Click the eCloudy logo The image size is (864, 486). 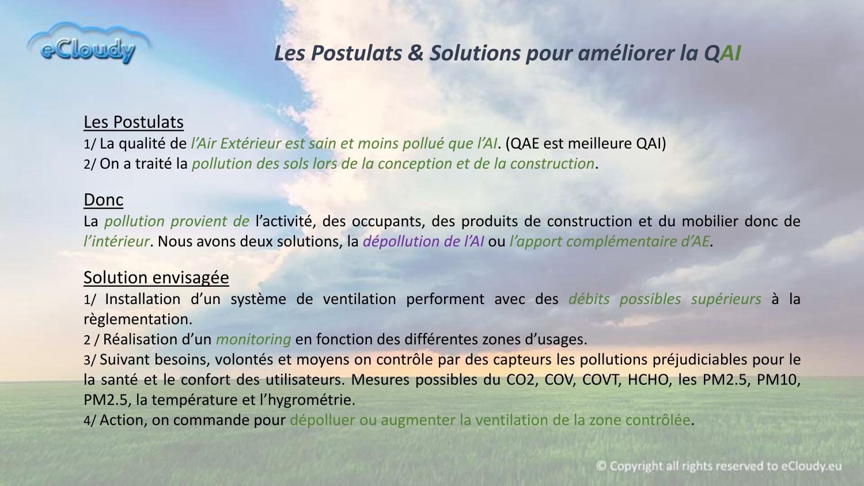click(x=89, y=43)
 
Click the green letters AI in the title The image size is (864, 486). click(x=730, y=53)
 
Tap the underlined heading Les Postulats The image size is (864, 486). click(x=134, y=122)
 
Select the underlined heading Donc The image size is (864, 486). click(x=103, y=200)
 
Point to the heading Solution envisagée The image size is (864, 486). click(x=156, y=278)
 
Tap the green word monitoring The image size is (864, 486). click(x=253, y=339)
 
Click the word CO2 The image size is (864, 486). click(x=522, y=380)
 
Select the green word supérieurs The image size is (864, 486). click(x=726, y=299)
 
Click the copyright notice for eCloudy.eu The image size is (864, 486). click(x=719, y=466)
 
